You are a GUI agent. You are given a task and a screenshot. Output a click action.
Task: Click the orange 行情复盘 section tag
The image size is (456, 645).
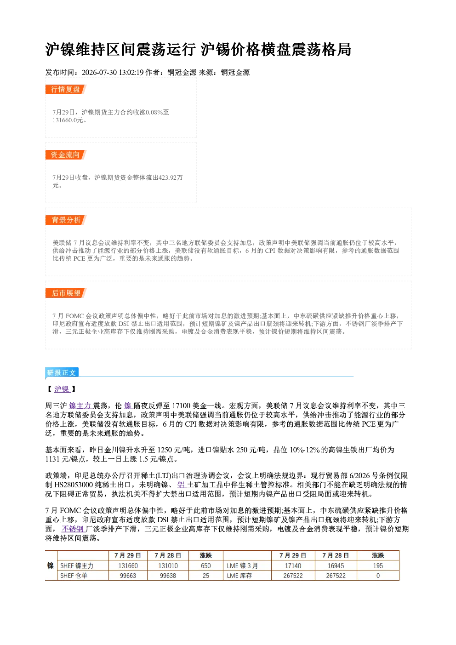(66, 89)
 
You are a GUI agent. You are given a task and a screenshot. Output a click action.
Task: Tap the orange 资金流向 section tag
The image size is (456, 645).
(66, 154)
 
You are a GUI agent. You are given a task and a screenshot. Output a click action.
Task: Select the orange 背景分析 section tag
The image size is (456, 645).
(66, 220)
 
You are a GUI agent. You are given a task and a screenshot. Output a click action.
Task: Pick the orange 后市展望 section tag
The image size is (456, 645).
(66, 293)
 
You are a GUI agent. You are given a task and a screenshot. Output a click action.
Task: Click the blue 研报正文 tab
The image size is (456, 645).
(62, 372)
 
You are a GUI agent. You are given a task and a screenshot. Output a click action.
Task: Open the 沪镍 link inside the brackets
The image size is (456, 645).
(62, 389)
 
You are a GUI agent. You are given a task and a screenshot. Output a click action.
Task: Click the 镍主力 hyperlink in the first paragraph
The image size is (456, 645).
(80, 406)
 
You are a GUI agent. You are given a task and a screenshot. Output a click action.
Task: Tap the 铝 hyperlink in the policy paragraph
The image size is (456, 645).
(182, 485)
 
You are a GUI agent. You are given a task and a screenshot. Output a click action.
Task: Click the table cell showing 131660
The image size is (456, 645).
(128, 566)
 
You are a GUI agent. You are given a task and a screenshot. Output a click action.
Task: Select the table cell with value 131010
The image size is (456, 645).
(168, 566)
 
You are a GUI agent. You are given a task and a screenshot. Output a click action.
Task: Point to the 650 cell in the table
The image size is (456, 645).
(206, 566)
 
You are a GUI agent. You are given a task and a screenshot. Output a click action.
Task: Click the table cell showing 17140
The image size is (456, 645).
(293, 566)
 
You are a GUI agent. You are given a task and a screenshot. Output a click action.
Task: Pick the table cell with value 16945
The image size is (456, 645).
(336, 566)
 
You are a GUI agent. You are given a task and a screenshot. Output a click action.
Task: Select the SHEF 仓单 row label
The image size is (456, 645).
(74, 576)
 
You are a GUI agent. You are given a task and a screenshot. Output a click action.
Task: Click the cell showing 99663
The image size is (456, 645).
(128, 576)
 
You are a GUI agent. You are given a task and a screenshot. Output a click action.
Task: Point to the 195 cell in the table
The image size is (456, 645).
(378, 566)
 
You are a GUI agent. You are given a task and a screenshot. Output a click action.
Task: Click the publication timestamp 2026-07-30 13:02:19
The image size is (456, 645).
(113, 72)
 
